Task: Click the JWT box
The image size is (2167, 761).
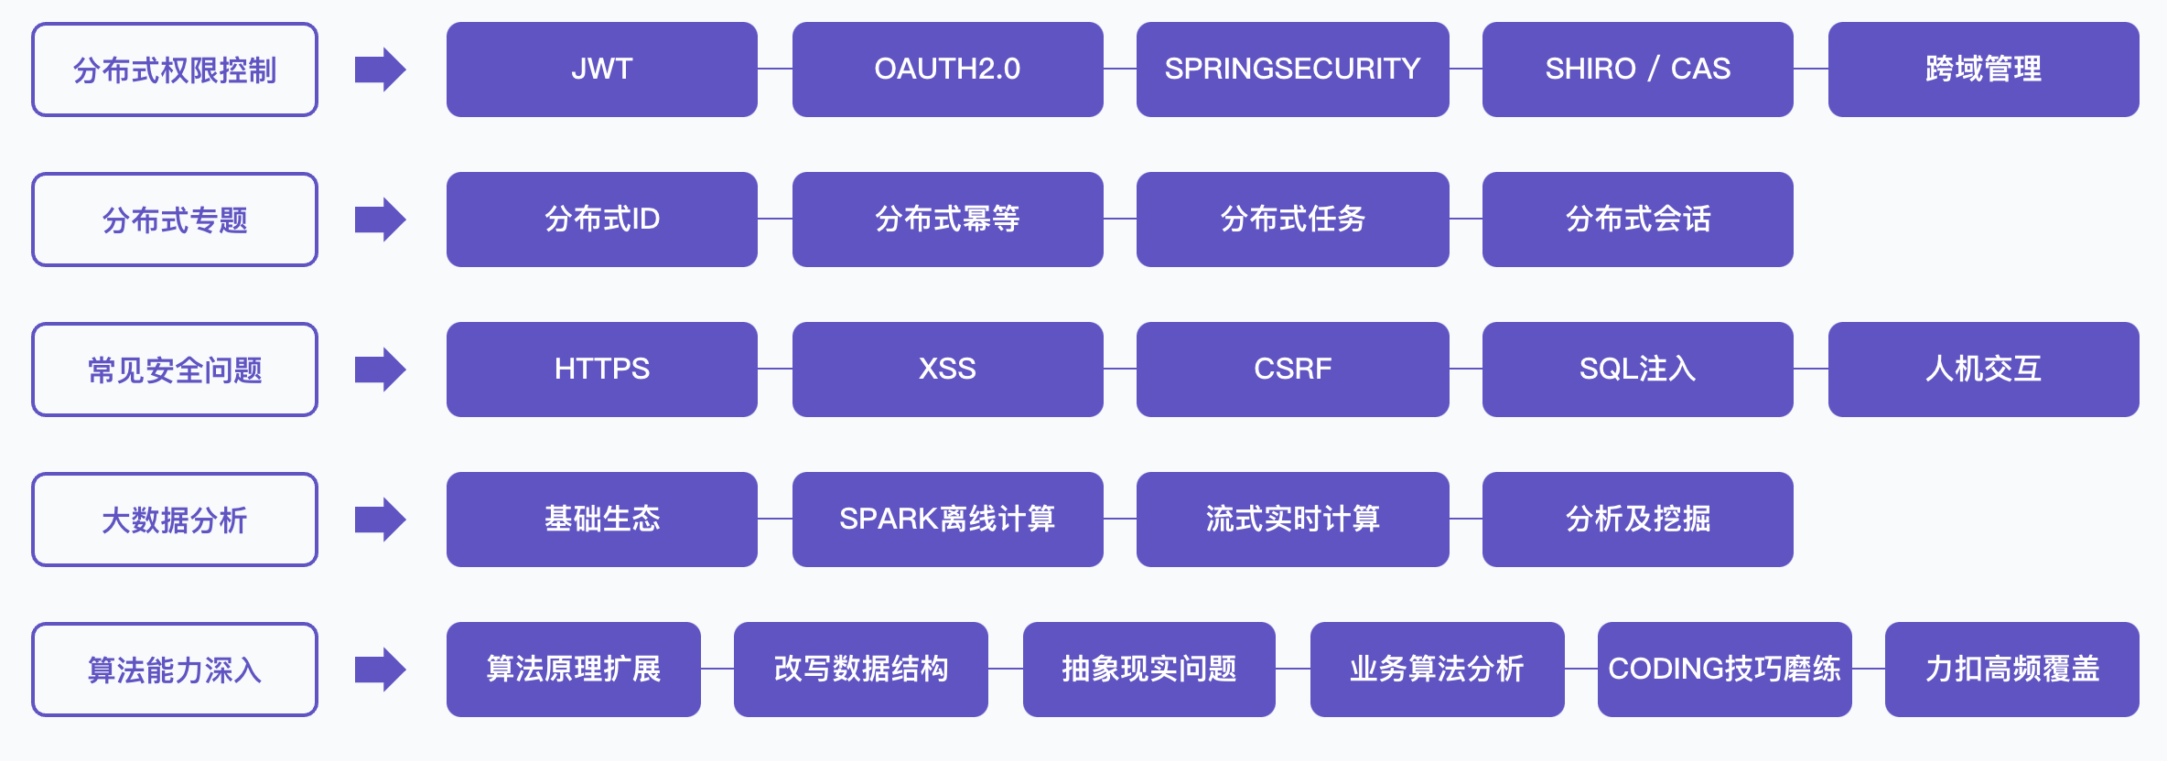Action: pos(601,70)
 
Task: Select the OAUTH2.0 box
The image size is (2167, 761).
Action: pos(947,70)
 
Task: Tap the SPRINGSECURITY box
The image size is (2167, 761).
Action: pos(1292,70)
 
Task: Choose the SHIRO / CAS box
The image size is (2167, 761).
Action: pos(1637,70)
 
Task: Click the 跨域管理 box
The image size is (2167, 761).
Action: pos(1983,70)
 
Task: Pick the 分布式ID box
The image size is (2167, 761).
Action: pos(601,220)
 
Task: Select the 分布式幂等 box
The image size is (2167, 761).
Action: pos(947,220)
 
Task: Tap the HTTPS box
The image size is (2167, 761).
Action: pos(601,370)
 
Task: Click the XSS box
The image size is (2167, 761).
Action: pos(947,370)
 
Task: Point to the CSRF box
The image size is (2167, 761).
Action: pos(1292,370)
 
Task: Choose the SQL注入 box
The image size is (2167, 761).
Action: pos(1637,370)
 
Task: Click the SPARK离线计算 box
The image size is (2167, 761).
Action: pos(947,520)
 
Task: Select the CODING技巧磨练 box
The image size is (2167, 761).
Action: pos(1724,670)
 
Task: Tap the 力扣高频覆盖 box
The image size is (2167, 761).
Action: pos(2011,670)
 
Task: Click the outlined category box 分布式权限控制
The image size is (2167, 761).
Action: pos(175,70)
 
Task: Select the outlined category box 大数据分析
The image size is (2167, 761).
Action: pos(175,520)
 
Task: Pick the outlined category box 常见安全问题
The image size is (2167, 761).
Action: pos(175,370)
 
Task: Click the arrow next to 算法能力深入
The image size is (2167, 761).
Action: pos(380,670)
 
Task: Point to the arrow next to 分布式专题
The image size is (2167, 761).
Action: pos(380,220)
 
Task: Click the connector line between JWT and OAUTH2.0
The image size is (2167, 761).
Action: pos(774,69)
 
